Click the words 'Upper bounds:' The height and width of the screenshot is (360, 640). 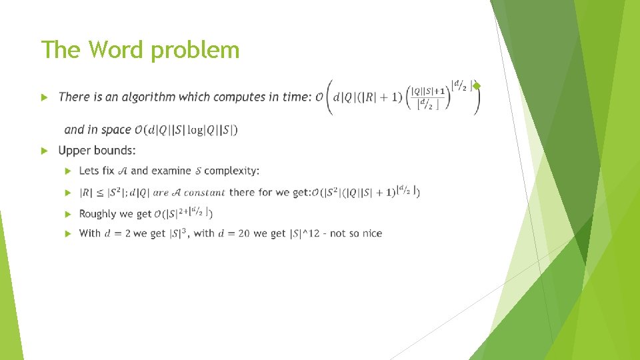[x=97, y=151]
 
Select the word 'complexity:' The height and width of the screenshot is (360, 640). [x=232, y=171]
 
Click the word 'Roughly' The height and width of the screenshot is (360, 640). [x=97, y=214]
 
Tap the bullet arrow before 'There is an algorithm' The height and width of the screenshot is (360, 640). [x=45, y=97]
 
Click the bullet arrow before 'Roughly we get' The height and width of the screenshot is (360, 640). [x=67, y=214]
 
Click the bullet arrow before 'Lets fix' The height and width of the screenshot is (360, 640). [x=67, y=171]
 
